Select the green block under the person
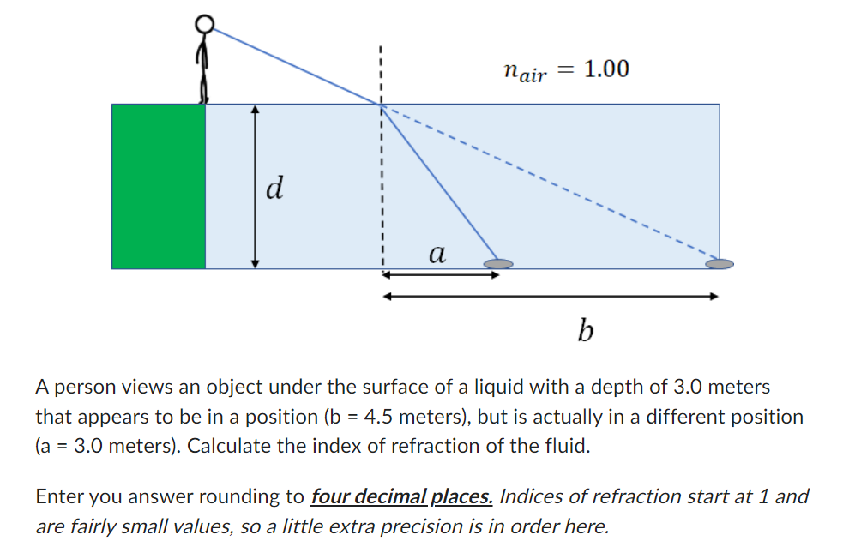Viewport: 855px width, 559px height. point(159,186)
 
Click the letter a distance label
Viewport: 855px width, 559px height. point(437,253)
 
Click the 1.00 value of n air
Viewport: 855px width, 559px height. point(605,69)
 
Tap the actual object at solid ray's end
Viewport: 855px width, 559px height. point(497,264)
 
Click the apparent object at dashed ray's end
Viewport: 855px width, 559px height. point(720,263)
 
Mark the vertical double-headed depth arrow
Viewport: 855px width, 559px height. point(254,186)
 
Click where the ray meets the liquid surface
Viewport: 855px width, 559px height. point(381,105)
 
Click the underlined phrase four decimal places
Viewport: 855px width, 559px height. point(401,496)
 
